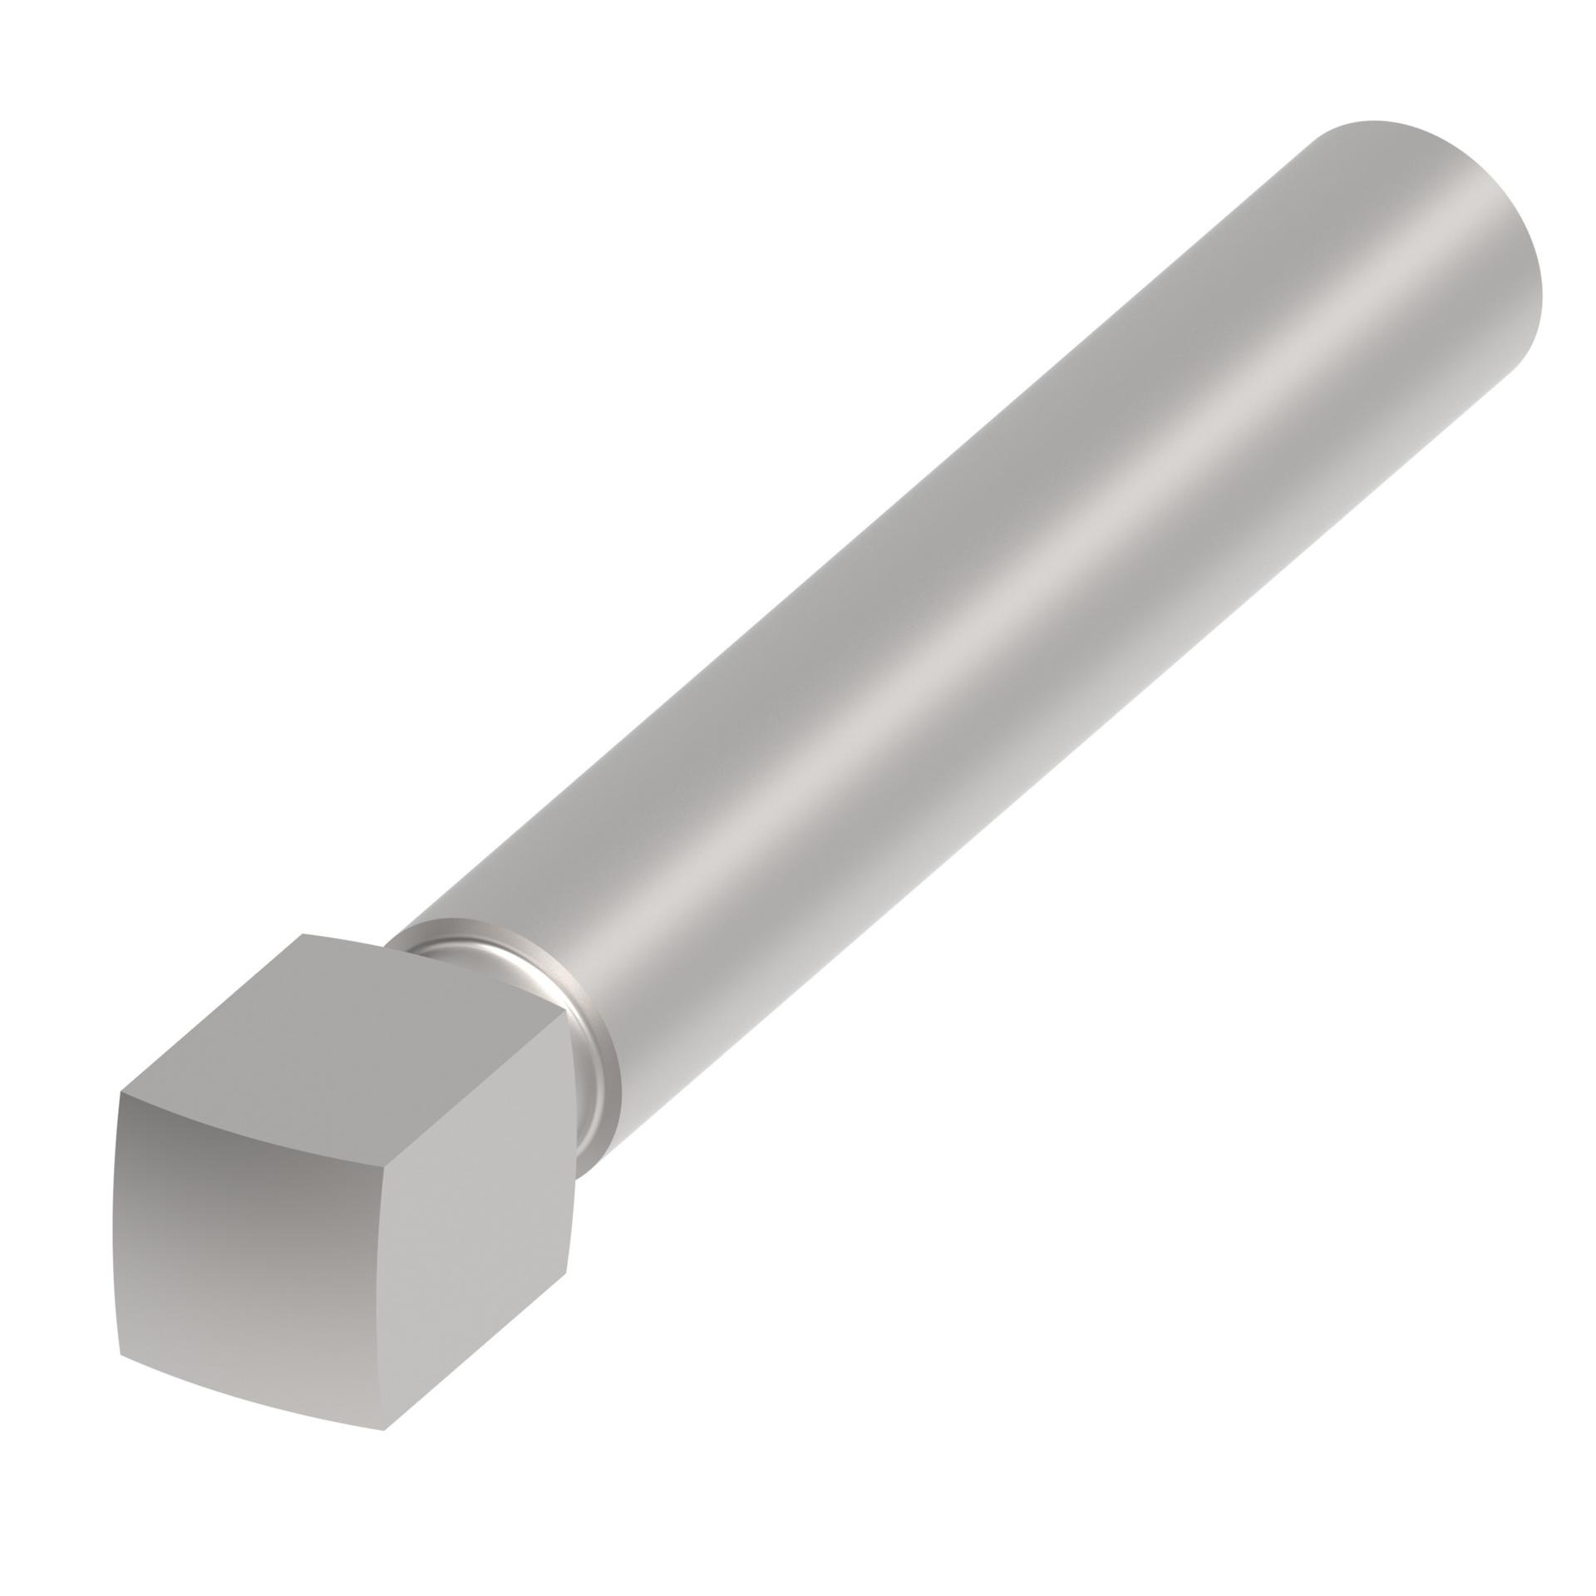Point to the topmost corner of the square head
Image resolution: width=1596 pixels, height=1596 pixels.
click(303, 934)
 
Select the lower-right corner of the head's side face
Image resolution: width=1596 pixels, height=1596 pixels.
click(567, 1297)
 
